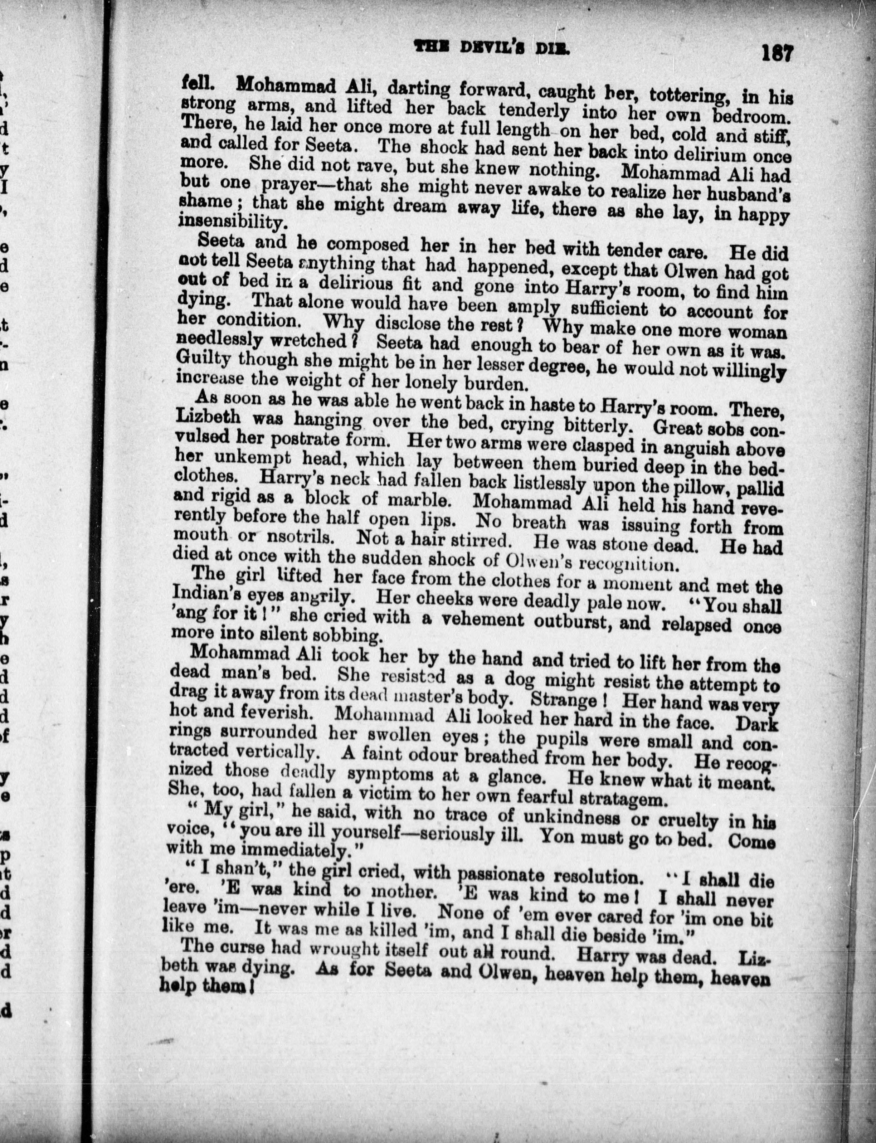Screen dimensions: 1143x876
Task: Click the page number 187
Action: pos(777,53)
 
